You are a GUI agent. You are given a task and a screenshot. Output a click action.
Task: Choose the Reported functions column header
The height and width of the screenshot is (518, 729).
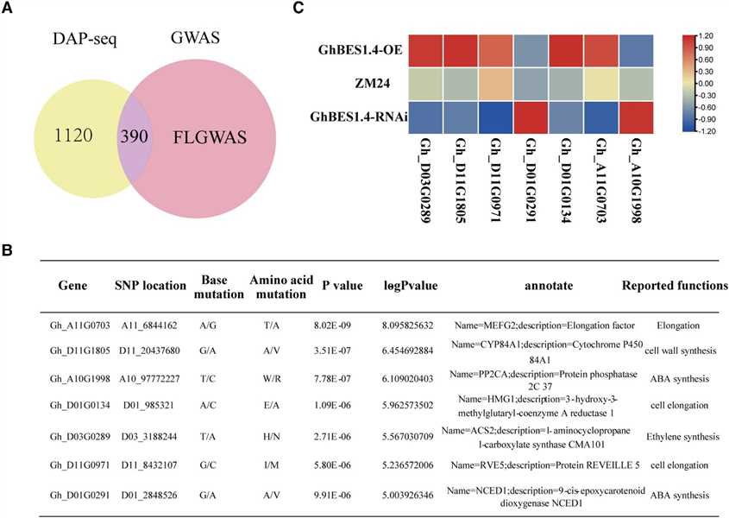[x=675, y=285]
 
